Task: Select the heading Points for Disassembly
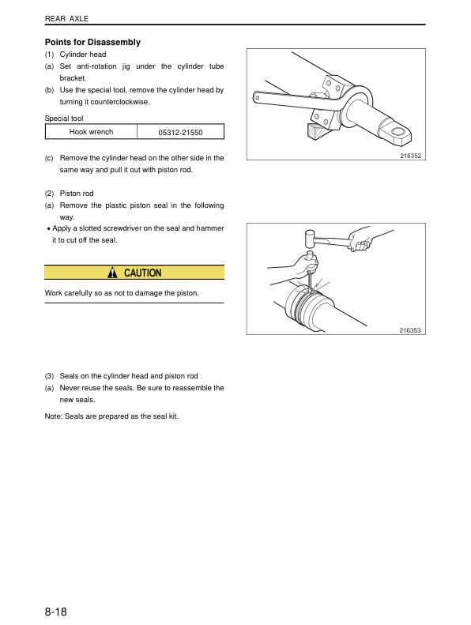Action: click(92, 42)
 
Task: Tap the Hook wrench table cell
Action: click(91, 132)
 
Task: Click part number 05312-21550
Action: click(180, 132)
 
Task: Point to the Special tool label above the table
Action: click(64, 118)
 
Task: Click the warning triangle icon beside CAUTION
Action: click(112, 273)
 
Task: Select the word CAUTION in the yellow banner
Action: click(142, 273)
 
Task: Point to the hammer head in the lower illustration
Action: click(309, 238)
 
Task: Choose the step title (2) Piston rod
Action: click(70, 194)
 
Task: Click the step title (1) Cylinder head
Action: click(75, 55)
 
